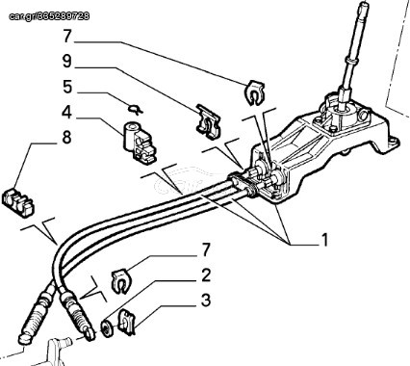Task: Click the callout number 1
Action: [x=324, y=240]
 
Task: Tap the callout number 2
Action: [x=206, y=275]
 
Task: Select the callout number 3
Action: [x=206, y=301]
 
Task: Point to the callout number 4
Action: [x=66, y=113]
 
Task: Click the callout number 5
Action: [x=67, y=88]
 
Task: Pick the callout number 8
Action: [x=66, y=138]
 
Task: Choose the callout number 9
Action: [x=67, y=62]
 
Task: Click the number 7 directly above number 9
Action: [x=66, y=37]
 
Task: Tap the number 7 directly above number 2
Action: [x=206, y=249]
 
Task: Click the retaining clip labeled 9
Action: [x=208, y=121]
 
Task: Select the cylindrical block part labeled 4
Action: [x=140, y=142]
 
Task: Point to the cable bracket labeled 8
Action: [x=18, y=202]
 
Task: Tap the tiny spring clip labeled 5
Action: [x=135, y=109]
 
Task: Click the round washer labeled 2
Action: [x=108, y=328]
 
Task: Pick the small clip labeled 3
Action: [x=127, y=322]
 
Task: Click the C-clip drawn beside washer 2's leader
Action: [x=120, y=280]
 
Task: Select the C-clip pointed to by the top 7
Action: [x=255, y=92]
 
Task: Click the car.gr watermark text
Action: [x=49, y=16]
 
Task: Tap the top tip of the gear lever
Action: [x=364, y=3]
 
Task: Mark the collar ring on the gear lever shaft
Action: [x=352, y=61]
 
